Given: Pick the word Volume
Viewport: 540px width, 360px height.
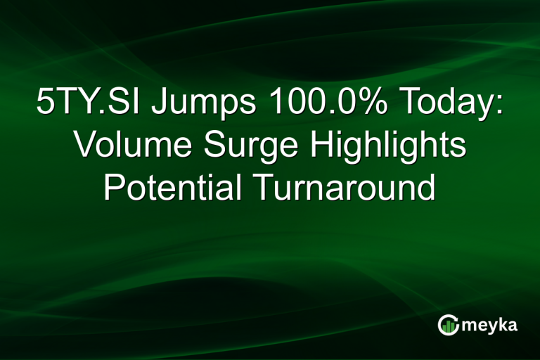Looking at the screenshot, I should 124,147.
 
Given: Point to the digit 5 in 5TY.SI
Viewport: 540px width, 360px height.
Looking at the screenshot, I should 44,104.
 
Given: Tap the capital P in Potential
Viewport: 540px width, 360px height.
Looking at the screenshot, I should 114,188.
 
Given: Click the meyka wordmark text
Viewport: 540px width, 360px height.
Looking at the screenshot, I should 492,324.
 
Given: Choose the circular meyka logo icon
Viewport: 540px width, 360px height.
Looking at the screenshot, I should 448,324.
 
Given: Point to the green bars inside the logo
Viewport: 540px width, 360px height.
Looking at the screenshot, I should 448,326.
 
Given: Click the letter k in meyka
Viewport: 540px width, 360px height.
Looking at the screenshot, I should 503,324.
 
